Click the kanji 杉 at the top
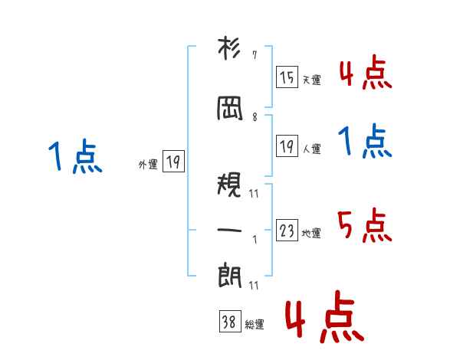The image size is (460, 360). pos(229,48)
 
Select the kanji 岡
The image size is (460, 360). pos(230,109)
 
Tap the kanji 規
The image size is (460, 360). pos(229,184)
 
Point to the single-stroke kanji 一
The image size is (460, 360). pos(229,231)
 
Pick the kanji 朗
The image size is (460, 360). pos(229,276)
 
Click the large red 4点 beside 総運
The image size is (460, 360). pos(325,316)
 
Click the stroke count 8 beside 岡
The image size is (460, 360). pos(255,117)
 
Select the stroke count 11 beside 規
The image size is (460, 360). pos(254,194)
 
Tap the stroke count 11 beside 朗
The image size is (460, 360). pos(254,285)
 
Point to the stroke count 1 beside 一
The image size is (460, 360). pos(255,240)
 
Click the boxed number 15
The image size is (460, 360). pos(287,77)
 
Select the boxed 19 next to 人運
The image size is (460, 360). pos(287,146)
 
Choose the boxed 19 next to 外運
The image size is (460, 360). pos(173,161)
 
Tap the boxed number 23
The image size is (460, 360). pos(287,230)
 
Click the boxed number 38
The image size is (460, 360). pos(230,321)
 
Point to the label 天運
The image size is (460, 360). pos(311,80)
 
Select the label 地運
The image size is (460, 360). pos(311,234)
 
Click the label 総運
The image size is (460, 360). pos(255,324)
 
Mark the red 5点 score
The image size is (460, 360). pos(364,225)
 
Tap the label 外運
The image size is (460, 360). pos(148,164)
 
